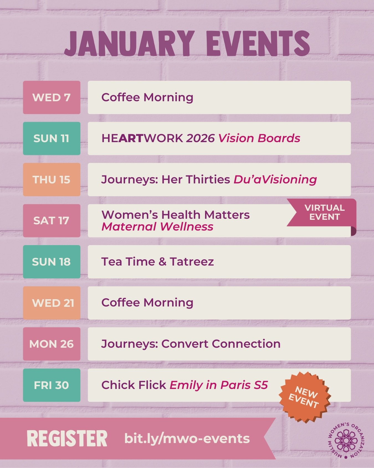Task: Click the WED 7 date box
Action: click(x=52, y=97)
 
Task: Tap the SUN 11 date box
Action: click(x=52, y=138)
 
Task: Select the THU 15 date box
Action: click(x=52, y=179)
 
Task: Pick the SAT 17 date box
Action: click(x=52, y=221)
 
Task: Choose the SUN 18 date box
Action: click(x=52, y=262)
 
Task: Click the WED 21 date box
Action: click(x=52, y=303)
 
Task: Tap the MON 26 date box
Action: click(x=52, y=344)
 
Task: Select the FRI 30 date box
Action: click(x=52, y=385)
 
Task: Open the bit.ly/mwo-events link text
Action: click(x=187, y=439)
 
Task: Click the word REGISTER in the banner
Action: click(x=67, y=439)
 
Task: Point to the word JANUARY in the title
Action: click(x=129, y=44)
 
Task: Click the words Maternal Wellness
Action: click(x=157, y=227)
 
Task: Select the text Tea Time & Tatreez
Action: click(x=157, y=262)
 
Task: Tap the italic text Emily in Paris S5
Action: click(x=219, y=385)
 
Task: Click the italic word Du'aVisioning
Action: click(x=275, y=179)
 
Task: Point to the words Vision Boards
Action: click(x=259, y=138)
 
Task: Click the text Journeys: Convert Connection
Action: click(x=191, y=344)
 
